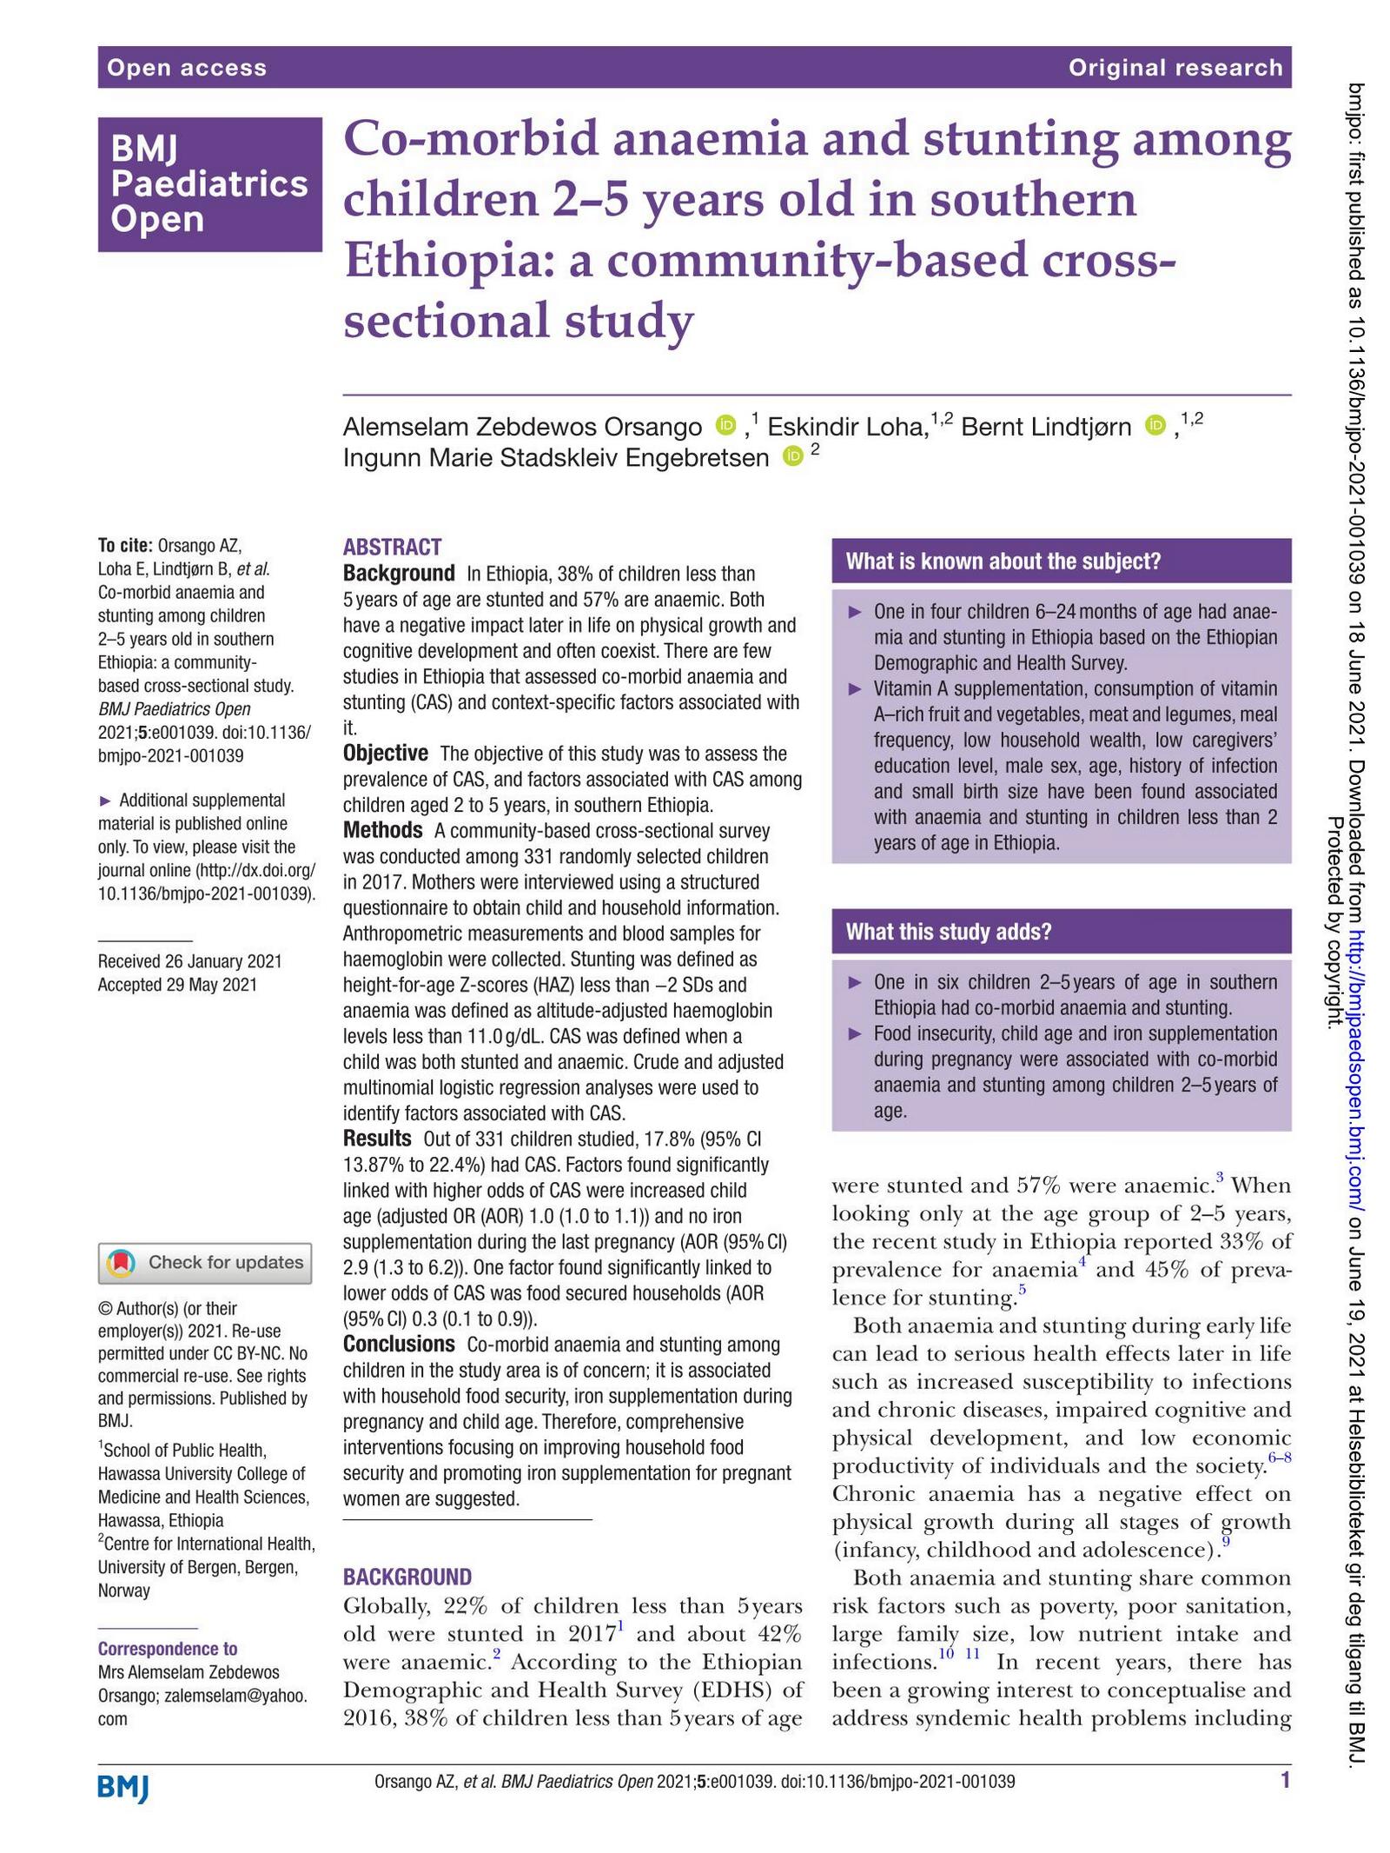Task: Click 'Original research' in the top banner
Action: tap(1175, 68)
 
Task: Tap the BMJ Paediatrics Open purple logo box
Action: tap(209, 184)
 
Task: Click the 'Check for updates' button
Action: tap(205, 1262)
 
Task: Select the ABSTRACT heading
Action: tap(392, 547)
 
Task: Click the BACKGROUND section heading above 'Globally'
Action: tap(407, 1577)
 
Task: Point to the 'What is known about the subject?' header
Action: tap(1003, 561)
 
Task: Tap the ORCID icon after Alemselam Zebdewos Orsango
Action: tap(725, 426)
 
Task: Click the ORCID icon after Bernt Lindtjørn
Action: tap(1155, 425)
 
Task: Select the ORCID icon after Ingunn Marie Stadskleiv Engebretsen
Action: tap(791, 456)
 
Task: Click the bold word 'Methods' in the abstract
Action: tap(382, 830)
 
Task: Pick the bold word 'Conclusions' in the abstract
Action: tap(398, 1344)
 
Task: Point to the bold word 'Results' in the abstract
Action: tap(376, 1139)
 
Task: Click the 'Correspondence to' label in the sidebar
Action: tap(167, 1649)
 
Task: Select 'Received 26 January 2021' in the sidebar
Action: tap(189, 961)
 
